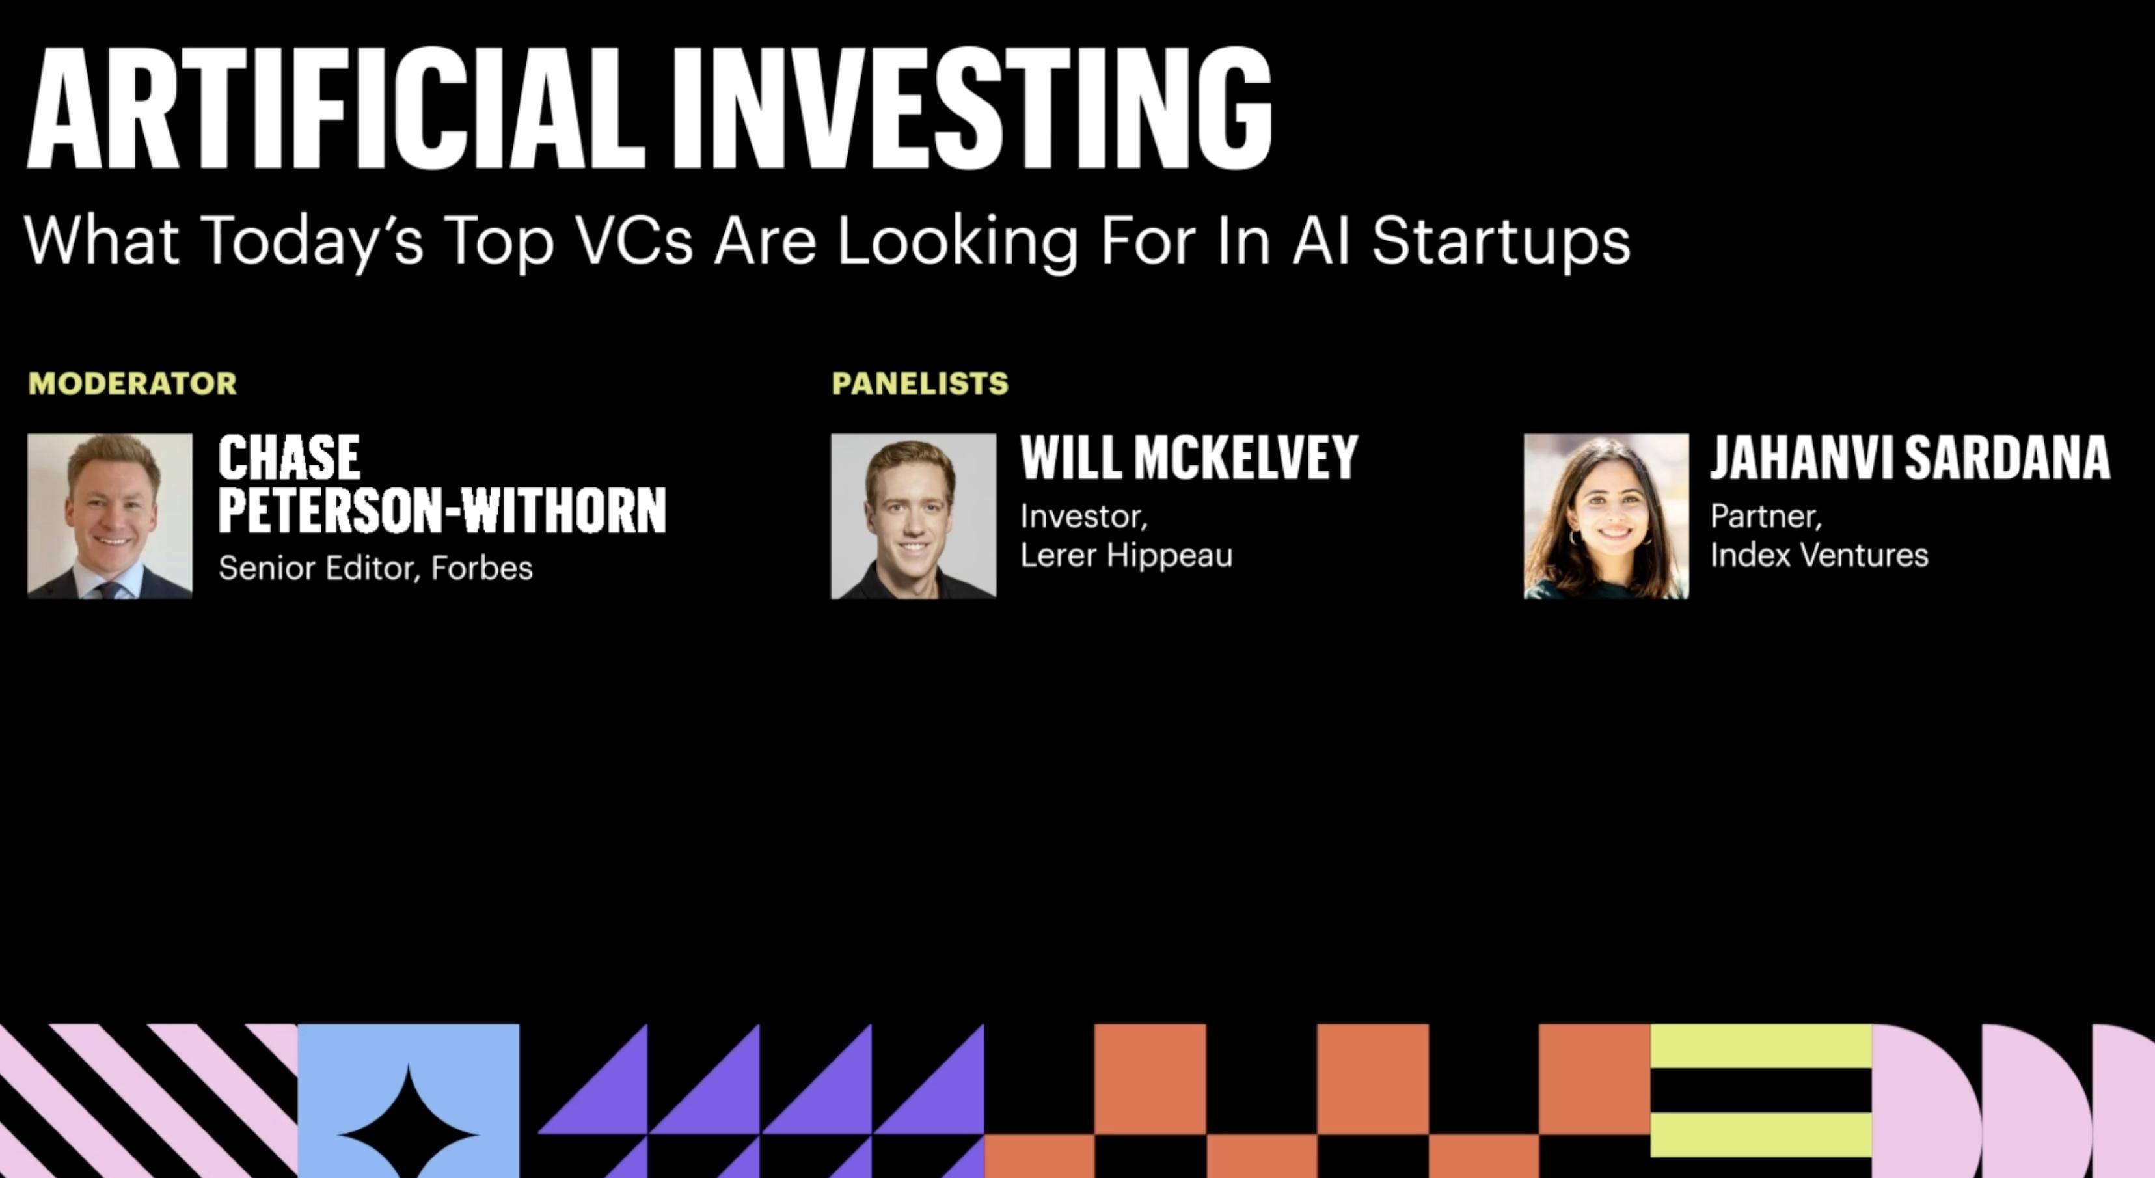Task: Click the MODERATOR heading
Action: click(x=132, y=384)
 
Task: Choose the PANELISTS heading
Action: click(x=920, y=384)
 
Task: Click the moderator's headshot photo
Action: click(x=109, y=515)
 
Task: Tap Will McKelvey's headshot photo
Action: click(x=914, y=515)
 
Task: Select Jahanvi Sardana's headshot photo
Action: click(x=1606, y=515)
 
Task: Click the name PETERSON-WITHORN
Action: click(x=442, y=510)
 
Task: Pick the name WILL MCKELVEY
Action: click(x=1189, y=458)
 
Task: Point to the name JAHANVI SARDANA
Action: click(x=1910, y=458)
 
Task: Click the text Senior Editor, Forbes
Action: click(x=375, y=569)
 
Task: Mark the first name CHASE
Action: click(x=290, y=458)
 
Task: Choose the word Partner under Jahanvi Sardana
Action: click(x=1766, y=517)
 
